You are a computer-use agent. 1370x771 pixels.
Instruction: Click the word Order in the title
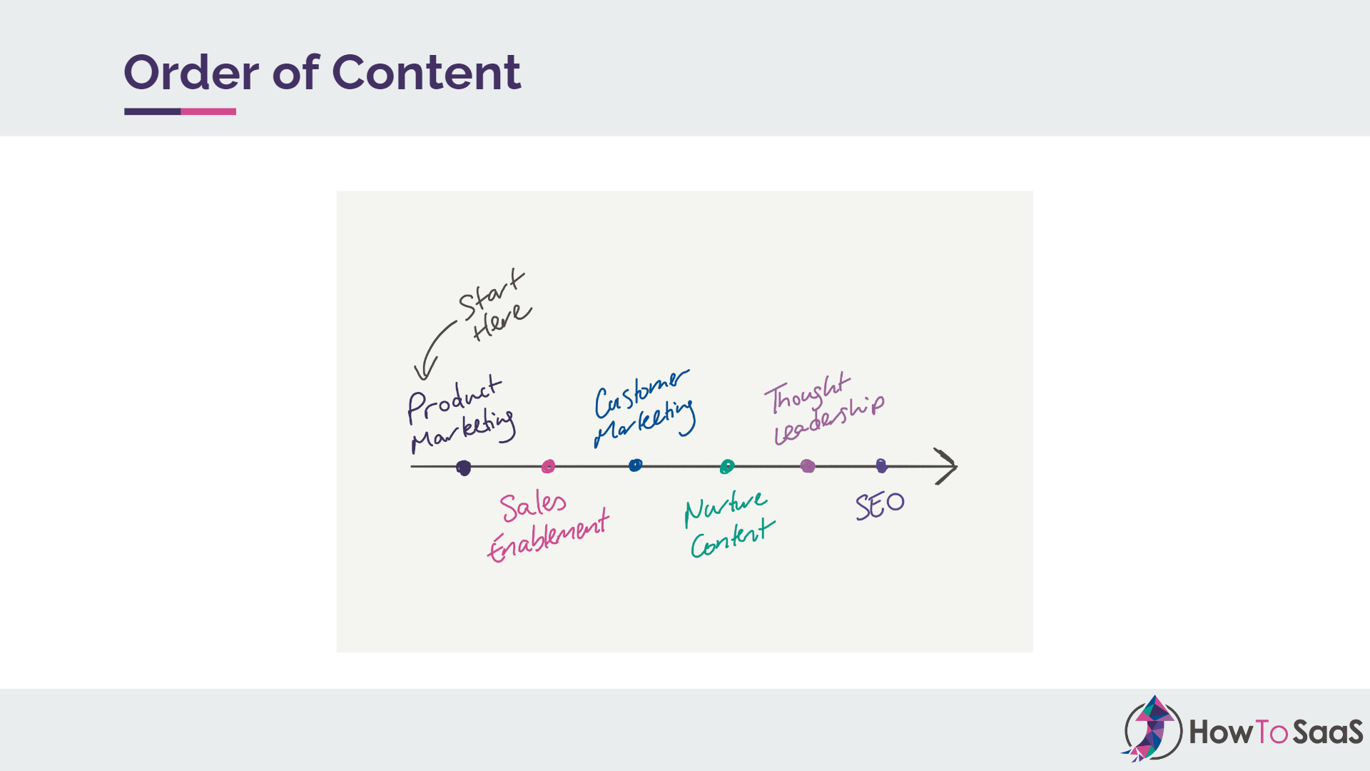click(x=191, y=73)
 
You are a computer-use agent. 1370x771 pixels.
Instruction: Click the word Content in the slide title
click(x=426, y=73)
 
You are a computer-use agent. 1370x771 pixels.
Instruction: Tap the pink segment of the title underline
click(x=208, y=111)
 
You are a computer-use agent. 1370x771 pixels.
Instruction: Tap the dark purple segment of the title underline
click(x=152, y=111)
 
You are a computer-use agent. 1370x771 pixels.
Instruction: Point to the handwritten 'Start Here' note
click(x=494, y=306)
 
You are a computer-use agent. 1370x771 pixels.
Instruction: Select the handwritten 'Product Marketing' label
click(x=459, y=414)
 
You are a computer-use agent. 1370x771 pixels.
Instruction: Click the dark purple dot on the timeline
click(x=464, y=468)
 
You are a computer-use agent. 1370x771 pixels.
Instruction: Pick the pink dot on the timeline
click(x=548, y=466)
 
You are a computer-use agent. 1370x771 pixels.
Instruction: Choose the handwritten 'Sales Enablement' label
click(x=548, y=527)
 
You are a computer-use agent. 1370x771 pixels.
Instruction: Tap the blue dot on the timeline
click(x=635, y=465)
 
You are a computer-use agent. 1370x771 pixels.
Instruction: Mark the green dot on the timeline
click(x=726, y=467)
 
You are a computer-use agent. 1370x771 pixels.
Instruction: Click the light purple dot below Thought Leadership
click(x=808, y=466)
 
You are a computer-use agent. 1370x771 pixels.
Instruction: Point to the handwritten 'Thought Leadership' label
click(x=824, y=408)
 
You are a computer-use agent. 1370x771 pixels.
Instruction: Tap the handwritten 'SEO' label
click(x=880, y=505)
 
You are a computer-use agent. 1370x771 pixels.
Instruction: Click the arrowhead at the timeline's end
click(x=948, y=466)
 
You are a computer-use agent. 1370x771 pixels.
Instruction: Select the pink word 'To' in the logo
click(x=1270, y=732)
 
